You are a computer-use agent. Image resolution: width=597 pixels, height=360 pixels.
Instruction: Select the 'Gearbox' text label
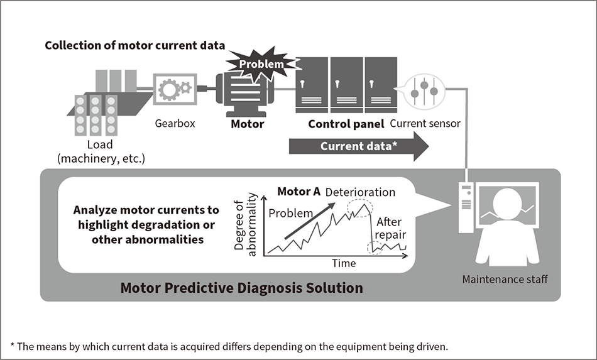[x=175, y=123]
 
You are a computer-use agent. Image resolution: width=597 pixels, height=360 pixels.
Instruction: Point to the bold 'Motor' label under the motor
[x=247, y=124]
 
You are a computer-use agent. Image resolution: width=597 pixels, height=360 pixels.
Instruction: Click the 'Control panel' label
[x=346, y=124]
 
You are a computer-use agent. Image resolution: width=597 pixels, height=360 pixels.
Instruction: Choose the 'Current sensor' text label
[x=425, y=124]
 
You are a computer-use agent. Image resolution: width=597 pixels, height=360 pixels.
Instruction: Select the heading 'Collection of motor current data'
[x=135, y=46]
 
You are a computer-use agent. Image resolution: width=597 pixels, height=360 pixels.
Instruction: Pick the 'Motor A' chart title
[x=298, y=192]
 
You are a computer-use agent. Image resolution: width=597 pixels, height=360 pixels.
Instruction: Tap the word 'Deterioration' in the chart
[x=361, y=192]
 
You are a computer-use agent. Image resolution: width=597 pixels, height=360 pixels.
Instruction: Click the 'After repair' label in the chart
[x=391, y=229]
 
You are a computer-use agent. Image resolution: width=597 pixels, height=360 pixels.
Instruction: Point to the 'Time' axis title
[x=344, y=263]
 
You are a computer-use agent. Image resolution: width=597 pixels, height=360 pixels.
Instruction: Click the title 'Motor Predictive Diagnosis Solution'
[x=241, y=288]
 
